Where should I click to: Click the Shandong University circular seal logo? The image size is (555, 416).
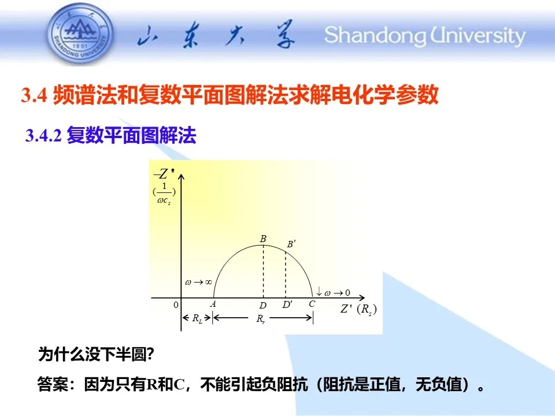(x=81, y=34)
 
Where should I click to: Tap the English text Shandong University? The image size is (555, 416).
(x=424, y=36)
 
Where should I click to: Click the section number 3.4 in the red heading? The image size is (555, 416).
(x=34, y=95)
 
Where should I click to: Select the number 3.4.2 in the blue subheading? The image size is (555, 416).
(x=43, y=135)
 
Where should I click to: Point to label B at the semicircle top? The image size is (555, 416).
(x=263, y=239)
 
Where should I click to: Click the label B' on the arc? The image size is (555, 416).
(x=291, y=244)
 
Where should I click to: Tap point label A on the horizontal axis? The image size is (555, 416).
(x=213, y=304)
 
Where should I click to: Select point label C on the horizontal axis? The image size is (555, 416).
(x=312, y=304)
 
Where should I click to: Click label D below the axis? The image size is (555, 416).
(x=262, y=305)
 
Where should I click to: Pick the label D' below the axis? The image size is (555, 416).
(x=287, y=304)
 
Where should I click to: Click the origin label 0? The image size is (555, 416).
(x=176, y=305)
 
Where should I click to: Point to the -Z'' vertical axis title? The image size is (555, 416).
(x=164, y=174)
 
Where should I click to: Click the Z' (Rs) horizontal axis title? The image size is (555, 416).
(x=358, y=309)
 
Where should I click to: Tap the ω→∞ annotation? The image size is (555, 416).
(x=198, y=283)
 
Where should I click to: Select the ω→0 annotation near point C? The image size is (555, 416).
(x=333, y=292)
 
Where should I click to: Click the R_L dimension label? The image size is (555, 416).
(x=197, y=318)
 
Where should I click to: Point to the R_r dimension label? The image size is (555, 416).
(x=261, y=319)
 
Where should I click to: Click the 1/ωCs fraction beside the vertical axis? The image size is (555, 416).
(x=164, y=194)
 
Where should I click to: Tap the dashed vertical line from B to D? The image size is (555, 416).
(x=264, y=272)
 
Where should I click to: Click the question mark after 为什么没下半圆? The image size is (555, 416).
(x=150, y=354)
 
